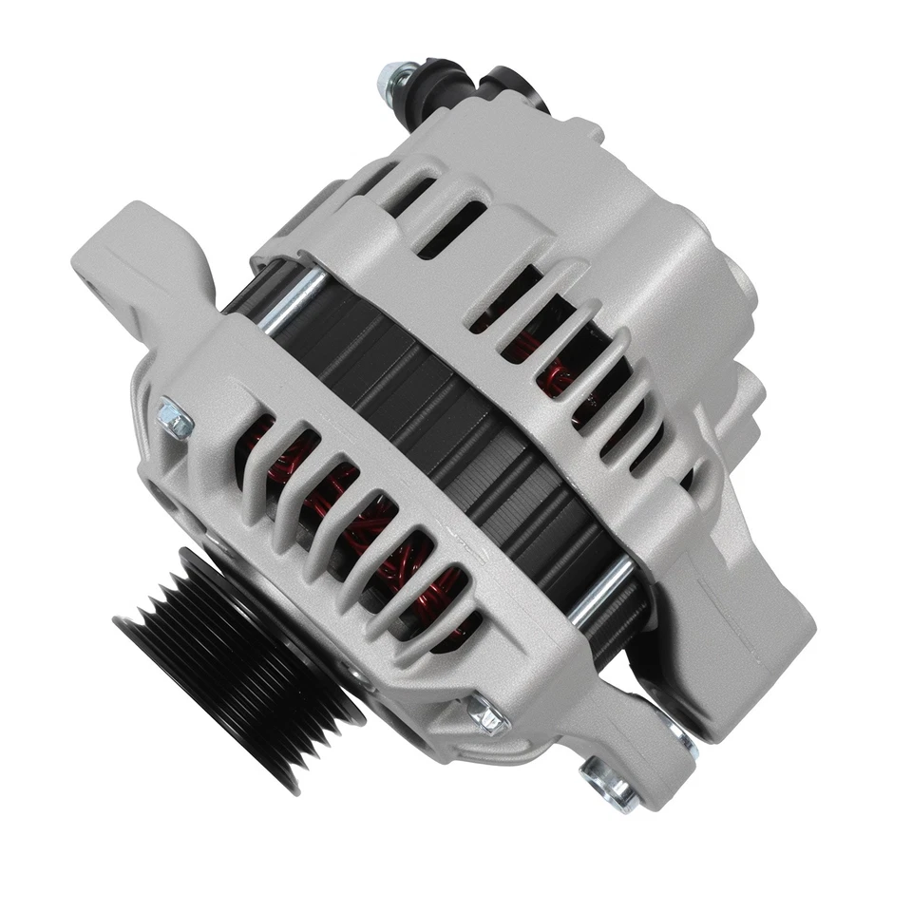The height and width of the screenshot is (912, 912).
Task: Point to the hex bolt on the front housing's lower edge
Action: tap(485, 713)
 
